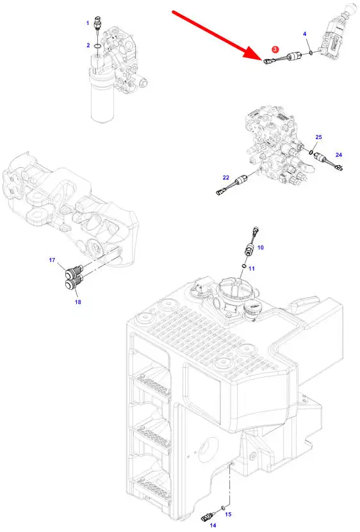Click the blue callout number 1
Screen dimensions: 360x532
click(x=88, y=23)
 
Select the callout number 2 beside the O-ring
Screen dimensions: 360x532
click(x=88, y=45)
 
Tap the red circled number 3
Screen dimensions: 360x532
click(x=275, y=49)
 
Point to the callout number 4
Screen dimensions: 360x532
click(x=305, y=34)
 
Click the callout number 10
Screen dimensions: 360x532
click(x=261, y=247)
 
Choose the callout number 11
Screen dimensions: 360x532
click(x=251, y=268)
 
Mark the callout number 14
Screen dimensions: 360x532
click(x=213, y=525)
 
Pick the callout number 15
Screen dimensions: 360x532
click(x=228, y=514)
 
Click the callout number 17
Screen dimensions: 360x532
click(x=52, y=260)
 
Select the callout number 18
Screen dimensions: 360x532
click(x=78, y=302)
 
